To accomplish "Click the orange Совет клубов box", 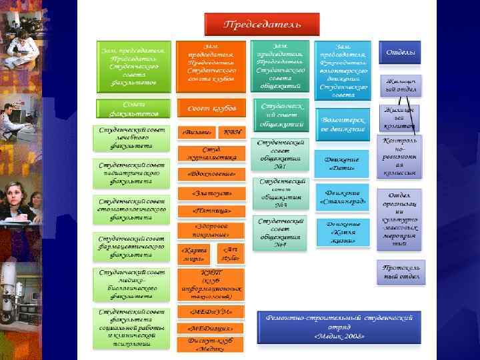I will click(x=211, y=108).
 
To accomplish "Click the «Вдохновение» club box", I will click(x=211, y=174).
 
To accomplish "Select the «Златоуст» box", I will click(x=211, y=193).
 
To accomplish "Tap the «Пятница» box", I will click(x=211, y=211).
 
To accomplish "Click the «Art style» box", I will click(x=229, y=253).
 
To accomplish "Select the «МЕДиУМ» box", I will click(x=211, y=312).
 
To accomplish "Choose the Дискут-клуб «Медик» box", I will click(x=211, y=343).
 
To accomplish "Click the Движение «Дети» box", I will click(x=342, y=164).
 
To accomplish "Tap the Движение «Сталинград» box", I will click(x=342, y=197).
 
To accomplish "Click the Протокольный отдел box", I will click(x=401, y=272).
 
